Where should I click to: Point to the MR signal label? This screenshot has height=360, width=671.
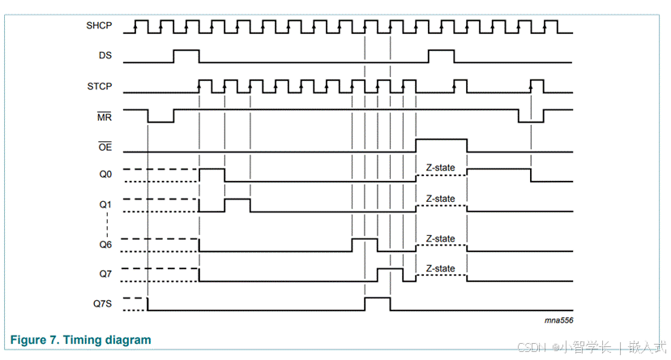pos(105,117)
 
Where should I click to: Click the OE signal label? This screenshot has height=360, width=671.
pos(105,147)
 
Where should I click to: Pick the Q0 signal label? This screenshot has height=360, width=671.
pos(105,174)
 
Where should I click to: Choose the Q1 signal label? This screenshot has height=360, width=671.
pos(105,204)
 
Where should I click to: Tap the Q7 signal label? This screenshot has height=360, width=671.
pos(105,274)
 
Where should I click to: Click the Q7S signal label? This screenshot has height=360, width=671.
pos(102,304)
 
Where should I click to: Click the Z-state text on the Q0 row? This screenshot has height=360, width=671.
pos(440,168)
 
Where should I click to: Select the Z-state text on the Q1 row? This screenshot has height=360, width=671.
pos(440,199)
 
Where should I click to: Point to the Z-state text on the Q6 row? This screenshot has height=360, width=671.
pos(440,238)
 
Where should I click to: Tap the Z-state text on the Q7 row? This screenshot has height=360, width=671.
pos(440,268)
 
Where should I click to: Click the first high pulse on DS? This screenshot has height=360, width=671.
pos(186,55)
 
